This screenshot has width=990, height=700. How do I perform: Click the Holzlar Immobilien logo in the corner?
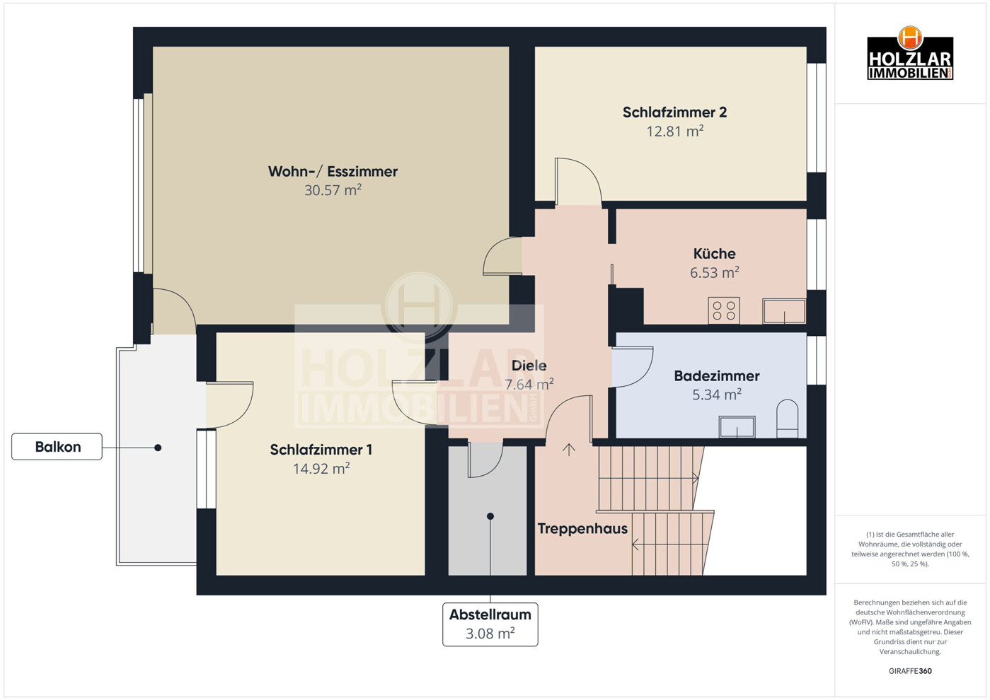[x=910, y=53]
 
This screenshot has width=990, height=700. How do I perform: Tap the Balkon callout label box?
[x=57, y=446]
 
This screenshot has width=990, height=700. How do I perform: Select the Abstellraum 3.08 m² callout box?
[x=490, y=624]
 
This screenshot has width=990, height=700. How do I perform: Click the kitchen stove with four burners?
[x=724, y=310]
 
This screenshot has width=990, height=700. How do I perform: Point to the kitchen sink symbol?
[x=784, y=311]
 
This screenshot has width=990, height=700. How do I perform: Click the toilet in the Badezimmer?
[x=787, y=419]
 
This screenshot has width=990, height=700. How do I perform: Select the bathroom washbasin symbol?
[x=737, y=426]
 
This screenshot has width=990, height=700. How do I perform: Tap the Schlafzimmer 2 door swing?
[x=578, y=182]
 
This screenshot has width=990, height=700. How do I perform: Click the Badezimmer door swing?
[x=633, y=367]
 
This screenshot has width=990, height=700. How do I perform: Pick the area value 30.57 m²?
[x=333, y=190]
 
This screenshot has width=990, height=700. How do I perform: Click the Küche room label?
[x=714, y=254]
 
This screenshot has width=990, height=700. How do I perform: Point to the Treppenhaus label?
[x=582, y=529]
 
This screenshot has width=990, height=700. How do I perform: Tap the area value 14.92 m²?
[x=321, y=468]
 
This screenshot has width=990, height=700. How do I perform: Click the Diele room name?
[x=529, y=366]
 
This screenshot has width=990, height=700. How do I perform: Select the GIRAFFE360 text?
[x=910, y=671]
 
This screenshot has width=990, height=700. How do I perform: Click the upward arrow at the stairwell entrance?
[x=569, y=450]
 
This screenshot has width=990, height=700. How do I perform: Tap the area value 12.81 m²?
[x=675, y=132]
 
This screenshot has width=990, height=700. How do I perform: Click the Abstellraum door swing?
[x=485, y=460]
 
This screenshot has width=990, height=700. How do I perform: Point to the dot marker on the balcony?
[x=158, y=448]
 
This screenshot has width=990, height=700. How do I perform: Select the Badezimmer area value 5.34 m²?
[x=716, y=395]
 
